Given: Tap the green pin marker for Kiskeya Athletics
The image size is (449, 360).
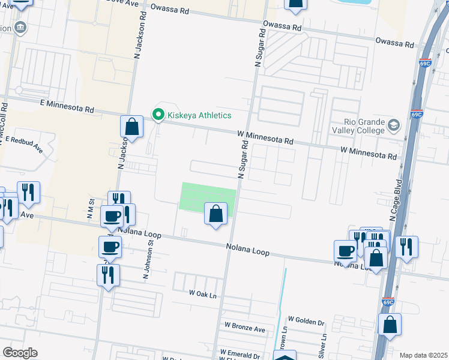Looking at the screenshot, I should (x=158, y=114).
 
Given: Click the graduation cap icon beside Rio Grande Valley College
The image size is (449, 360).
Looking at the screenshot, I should (x=394, y=125).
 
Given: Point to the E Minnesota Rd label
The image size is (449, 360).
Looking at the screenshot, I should (x=67, y=106).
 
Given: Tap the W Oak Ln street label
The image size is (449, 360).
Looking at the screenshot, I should (x=202, y=293).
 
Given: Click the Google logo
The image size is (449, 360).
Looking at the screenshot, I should (x=20, y=352).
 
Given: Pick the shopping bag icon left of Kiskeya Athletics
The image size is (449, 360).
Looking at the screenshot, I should (x=131, y=127).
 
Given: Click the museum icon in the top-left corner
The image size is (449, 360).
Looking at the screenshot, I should (x=20, y=27).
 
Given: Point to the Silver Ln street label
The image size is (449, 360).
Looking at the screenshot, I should (x=322, y=343).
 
